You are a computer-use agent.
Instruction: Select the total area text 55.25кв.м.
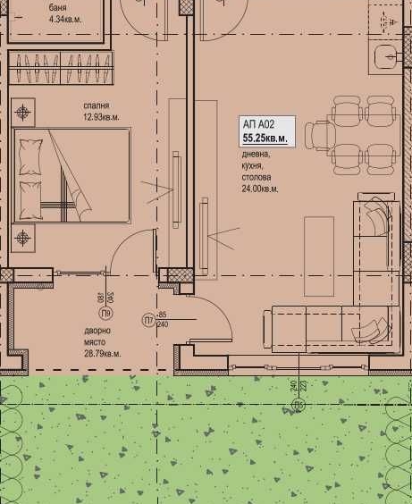tap(265, 139)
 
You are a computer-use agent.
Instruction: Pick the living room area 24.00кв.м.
tap(259, 189)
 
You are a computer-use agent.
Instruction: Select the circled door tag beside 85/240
tap(146, 319)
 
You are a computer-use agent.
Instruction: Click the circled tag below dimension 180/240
tap(105, 315)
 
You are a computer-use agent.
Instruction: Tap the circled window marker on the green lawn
tap(298, 404)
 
